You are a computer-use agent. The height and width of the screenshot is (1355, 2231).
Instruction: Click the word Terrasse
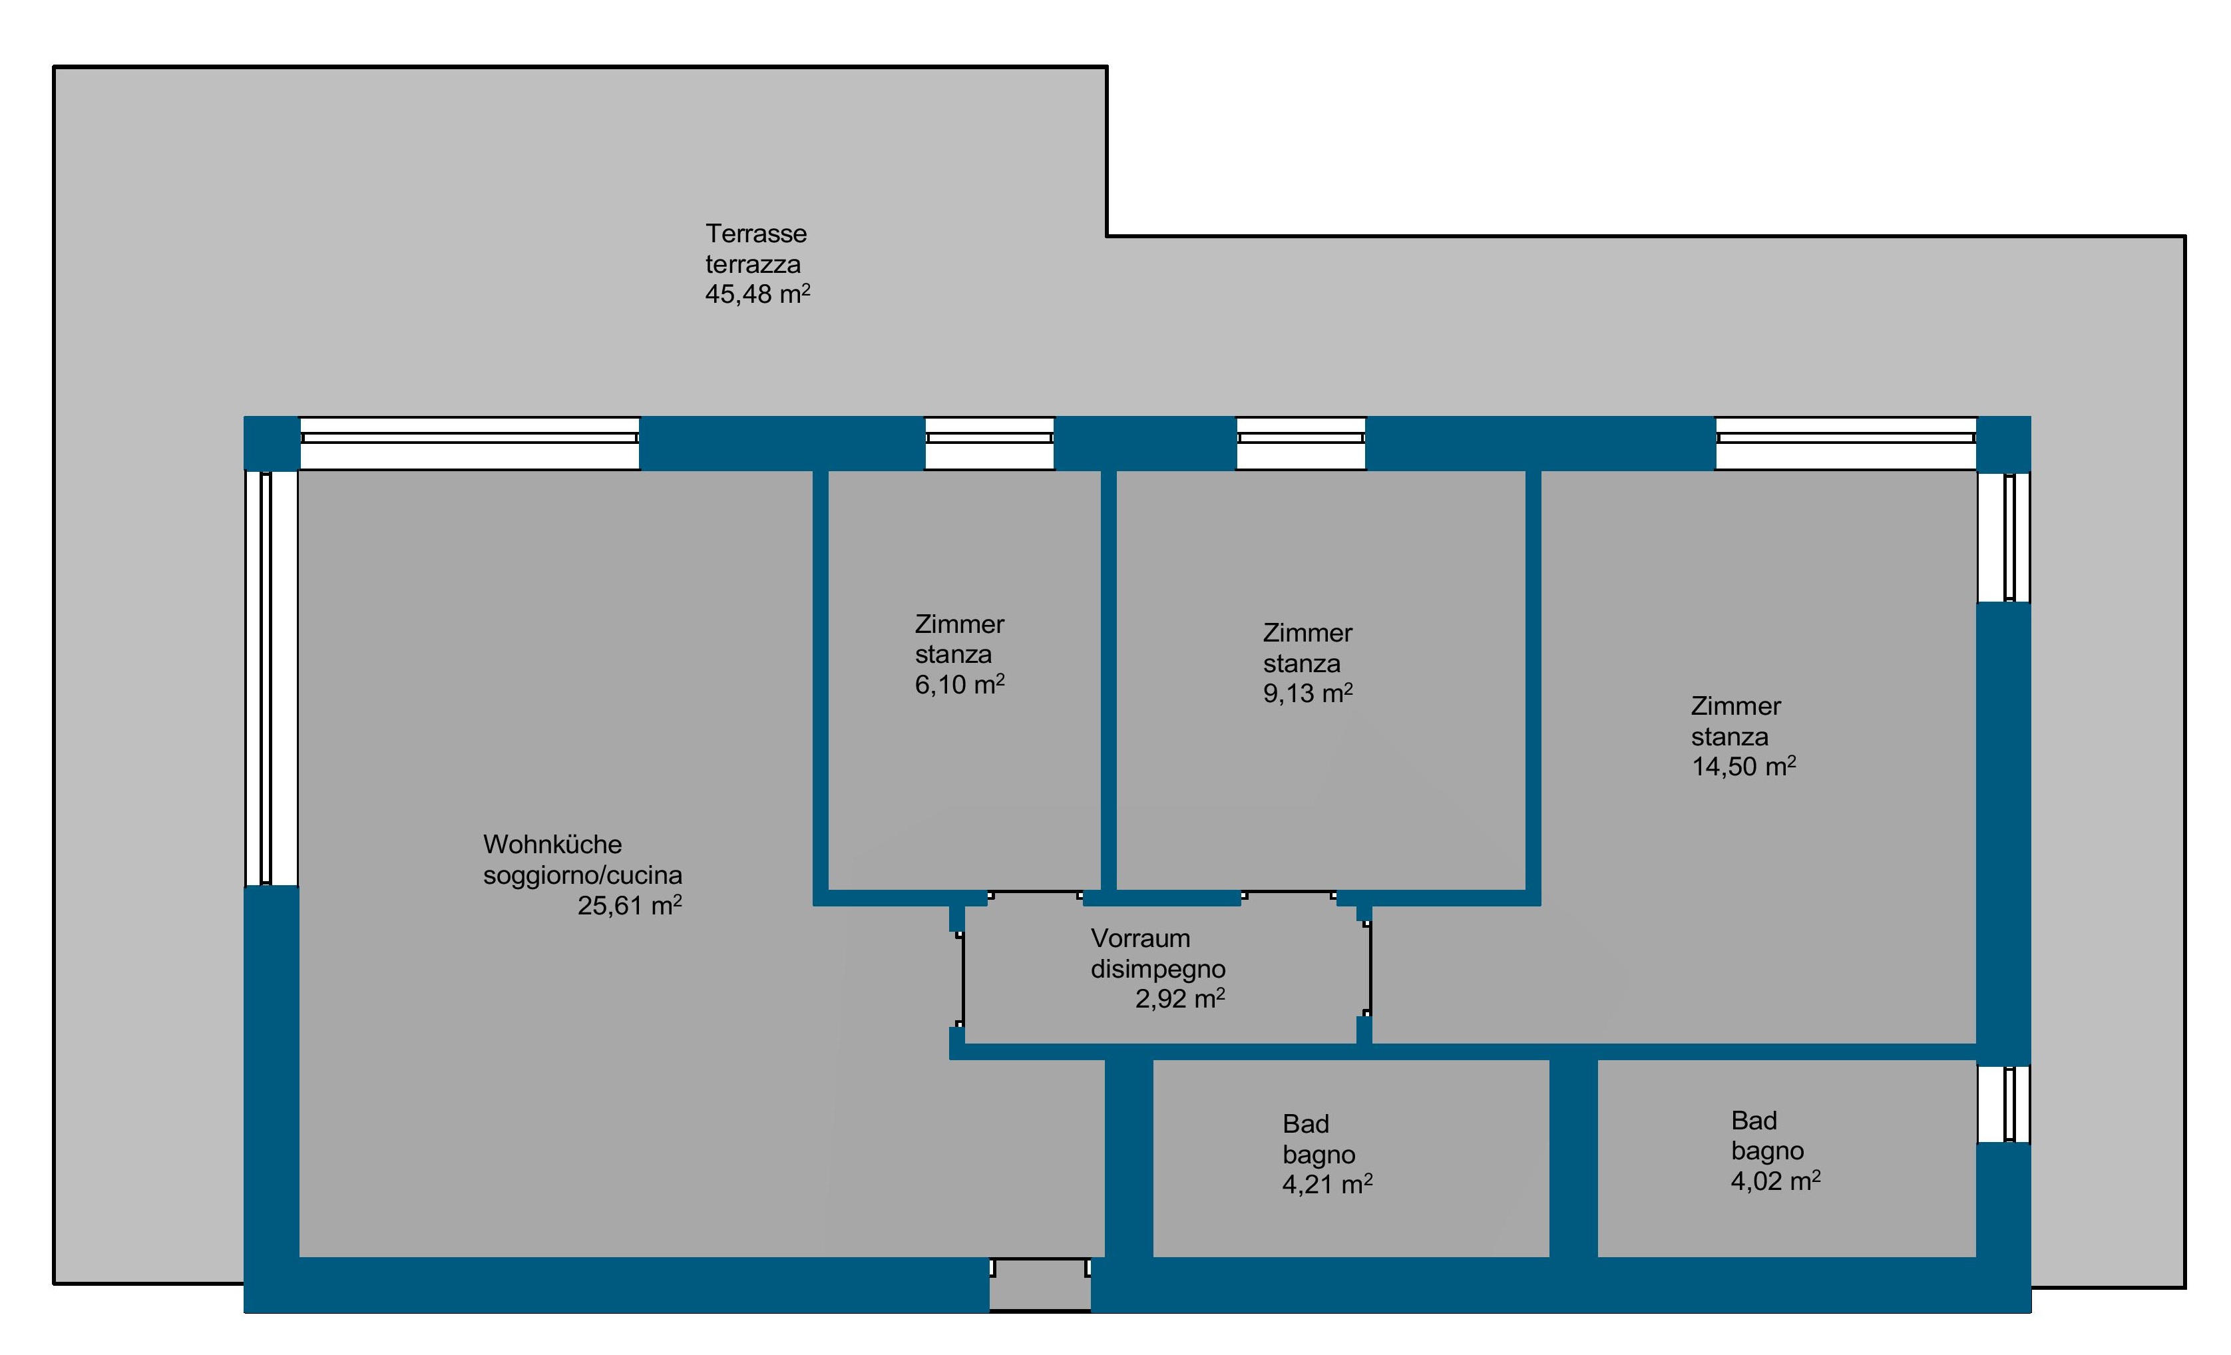756,234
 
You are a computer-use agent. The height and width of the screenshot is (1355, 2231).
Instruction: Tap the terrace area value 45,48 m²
758,293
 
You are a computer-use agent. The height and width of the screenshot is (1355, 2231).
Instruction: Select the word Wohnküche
552,845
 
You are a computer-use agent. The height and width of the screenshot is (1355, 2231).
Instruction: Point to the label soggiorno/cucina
582,875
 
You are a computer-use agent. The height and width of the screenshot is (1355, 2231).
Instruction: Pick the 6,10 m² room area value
960,684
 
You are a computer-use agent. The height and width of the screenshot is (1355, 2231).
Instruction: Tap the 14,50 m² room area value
1744,767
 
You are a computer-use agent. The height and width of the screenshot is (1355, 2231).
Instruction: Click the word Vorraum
1140,938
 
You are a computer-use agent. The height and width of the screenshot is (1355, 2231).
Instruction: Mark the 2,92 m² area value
1180,998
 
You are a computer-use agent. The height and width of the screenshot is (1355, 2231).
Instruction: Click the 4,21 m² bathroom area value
1327,1184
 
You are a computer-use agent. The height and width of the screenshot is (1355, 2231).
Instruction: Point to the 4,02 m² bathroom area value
1776,1181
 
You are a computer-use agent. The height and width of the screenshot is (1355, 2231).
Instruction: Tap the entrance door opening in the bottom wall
1040,1284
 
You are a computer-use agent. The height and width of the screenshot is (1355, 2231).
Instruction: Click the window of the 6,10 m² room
990,443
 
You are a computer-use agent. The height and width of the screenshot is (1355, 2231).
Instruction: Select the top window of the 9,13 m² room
1301,443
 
